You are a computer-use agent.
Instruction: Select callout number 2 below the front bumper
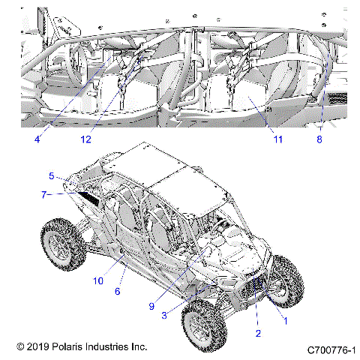257,331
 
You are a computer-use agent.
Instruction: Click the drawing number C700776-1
331,349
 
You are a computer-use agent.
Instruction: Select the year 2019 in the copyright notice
38,347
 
